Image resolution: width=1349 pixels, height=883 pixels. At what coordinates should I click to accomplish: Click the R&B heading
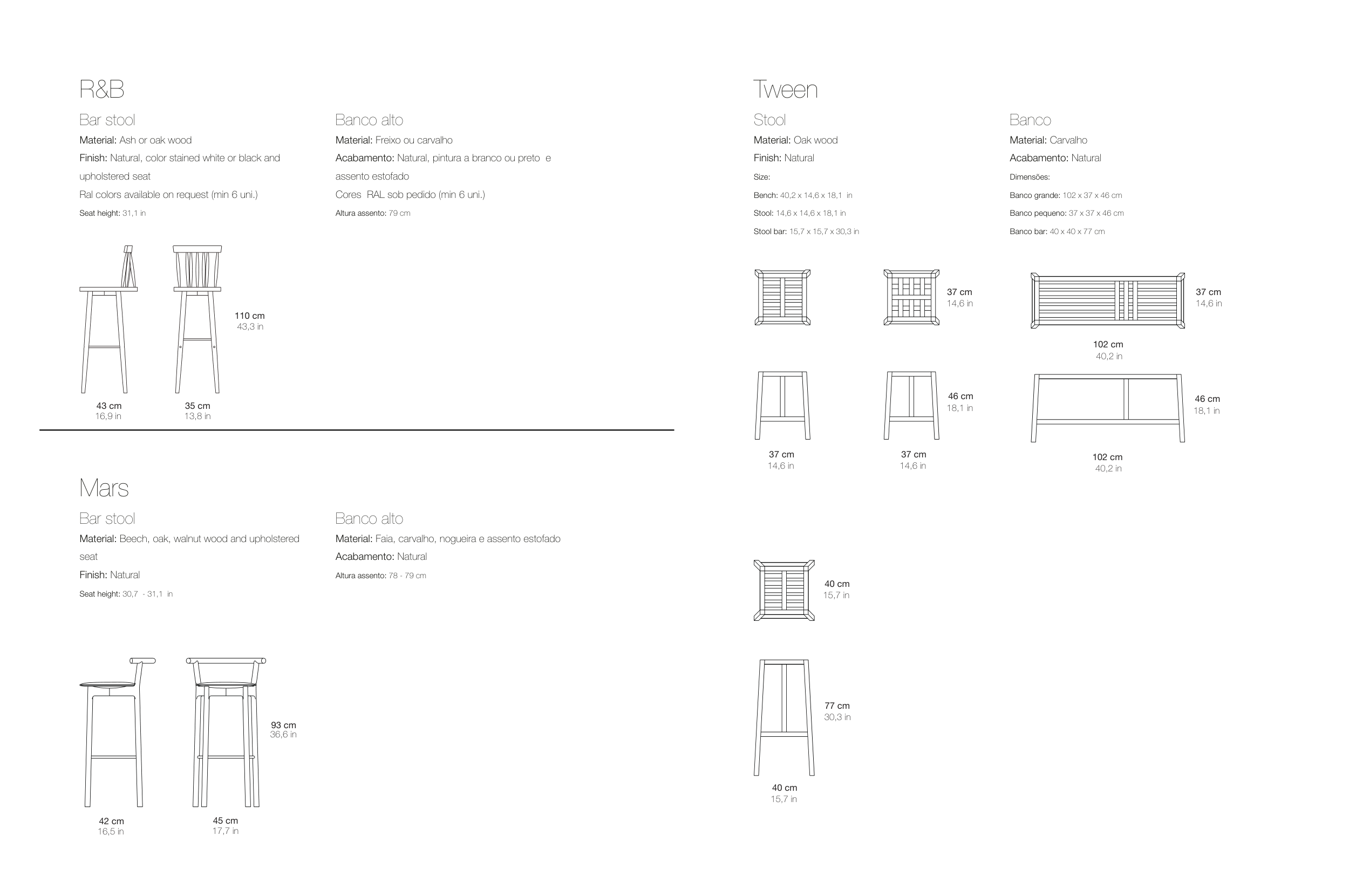click(x=101, y=90)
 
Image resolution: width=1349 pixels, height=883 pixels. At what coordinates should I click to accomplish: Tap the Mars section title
click(x=104, y=488)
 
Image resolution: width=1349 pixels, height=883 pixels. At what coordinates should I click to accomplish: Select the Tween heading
click(x=785, y=90)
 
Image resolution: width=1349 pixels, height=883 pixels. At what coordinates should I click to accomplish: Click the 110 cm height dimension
click(x=249, y=316)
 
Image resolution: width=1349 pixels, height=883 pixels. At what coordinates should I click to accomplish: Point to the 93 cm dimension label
click(x=283, y=725)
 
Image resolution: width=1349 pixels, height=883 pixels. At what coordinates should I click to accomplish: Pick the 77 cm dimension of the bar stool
click(x=836, y=706)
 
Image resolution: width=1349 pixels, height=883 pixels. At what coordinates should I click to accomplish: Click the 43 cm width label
click(x=109, y=406)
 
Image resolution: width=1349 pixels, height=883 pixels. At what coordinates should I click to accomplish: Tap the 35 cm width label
click(x=197, y=406)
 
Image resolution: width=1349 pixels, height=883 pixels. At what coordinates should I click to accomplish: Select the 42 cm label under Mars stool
click(x=111, y=820)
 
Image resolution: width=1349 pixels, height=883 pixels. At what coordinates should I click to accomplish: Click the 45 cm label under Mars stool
click(x=225, y=820)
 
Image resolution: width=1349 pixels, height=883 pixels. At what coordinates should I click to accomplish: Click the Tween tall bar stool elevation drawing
click(x=784, y=717)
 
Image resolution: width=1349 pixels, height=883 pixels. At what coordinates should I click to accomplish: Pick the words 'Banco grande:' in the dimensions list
click(x=1034, y=195)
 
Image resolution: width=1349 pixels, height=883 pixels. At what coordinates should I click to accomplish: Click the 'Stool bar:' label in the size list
click(x=769, y=231)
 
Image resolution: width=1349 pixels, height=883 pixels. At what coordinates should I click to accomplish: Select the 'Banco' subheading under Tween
click(x=1030, y=120)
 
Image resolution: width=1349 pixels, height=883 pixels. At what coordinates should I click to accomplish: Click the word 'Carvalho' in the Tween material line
click(x=1068, y=140)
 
